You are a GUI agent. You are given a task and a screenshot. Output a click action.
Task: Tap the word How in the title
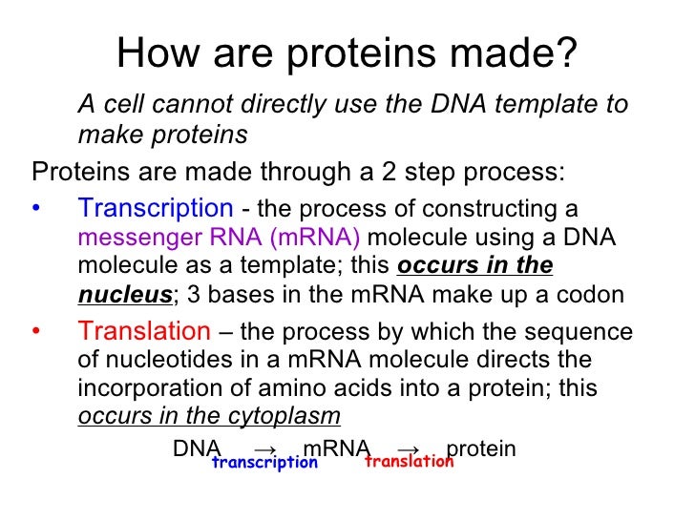(158, 52)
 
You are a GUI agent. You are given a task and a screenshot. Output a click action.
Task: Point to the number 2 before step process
(389, 172)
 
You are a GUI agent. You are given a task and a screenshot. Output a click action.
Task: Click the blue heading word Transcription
(156, 208)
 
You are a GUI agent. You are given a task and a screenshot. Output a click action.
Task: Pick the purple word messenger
(140, 238)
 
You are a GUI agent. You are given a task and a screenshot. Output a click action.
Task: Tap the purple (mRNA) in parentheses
(315, 237)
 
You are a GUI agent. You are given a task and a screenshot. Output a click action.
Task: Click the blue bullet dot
(36, 208)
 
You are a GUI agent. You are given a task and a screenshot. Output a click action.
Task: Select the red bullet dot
(36, 330)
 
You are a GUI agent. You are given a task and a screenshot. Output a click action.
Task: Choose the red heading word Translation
(144, 331)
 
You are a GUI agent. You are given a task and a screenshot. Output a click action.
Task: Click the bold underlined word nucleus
(125, 294)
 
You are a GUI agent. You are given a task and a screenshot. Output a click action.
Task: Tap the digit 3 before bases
(194, 294)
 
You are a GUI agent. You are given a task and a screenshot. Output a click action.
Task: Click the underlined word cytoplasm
(284, 417)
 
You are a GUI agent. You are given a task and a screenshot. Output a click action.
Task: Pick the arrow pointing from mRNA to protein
(409, 450)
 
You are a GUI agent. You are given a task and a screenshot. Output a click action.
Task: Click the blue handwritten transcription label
(265, 463)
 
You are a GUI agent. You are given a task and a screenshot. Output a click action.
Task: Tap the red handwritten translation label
(410, 461)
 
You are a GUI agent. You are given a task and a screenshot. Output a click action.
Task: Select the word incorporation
(150, 388)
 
